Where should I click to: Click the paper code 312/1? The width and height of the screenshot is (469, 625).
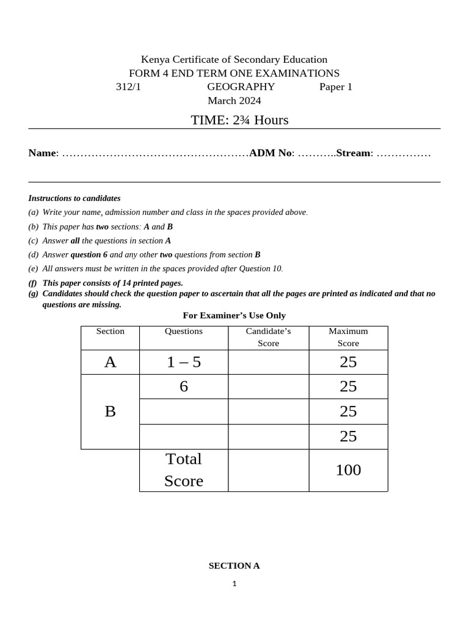128,87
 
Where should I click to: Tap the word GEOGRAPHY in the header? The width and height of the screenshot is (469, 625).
241,87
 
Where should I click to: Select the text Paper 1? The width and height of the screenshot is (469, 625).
336,87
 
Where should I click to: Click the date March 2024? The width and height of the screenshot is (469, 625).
234,101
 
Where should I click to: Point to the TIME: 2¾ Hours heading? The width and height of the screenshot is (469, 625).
239,120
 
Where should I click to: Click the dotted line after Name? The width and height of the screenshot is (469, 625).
155,153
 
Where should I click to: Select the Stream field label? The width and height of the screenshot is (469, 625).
353,153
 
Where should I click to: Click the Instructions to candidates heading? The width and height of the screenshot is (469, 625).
75,198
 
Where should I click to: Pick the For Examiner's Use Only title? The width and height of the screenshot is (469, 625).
234,316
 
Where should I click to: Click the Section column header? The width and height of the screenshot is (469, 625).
110,331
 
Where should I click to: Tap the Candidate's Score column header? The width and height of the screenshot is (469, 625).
268,337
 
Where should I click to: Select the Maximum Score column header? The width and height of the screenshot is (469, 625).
348,337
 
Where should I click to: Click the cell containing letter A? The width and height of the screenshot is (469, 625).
110,362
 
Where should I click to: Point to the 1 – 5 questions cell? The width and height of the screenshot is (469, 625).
184,362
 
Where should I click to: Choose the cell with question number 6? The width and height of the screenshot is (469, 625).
184,386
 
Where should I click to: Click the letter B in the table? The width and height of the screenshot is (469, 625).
110,411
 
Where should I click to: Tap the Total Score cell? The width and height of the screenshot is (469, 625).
184,470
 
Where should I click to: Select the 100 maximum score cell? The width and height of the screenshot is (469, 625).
348,470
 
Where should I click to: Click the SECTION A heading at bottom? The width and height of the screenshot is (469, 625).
234,566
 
